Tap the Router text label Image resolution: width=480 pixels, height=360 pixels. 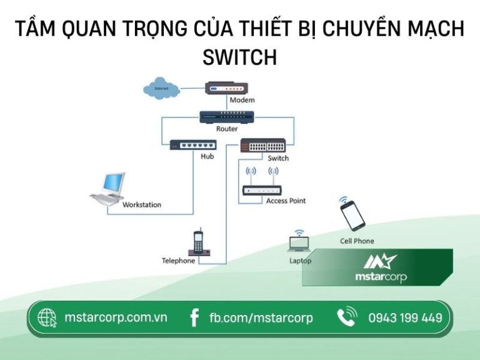point(227,129)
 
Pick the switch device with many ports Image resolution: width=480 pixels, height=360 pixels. point(263,146)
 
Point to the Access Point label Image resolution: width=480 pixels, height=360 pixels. point(286,201)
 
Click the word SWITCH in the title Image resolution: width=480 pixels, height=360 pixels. point(239,57)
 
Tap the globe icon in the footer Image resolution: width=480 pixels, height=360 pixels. point(47,317)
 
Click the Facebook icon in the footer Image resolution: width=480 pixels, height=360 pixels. point(194,317)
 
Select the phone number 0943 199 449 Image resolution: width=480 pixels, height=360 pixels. point(405,317)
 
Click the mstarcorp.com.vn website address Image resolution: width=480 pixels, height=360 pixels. point(116,317)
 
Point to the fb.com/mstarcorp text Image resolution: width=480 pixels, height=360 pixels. point(261,317)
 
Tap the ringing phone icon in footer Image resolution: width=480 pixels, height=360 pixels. point(347,317)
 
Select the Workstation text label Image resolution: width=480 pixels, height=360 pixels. point(141,204)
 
